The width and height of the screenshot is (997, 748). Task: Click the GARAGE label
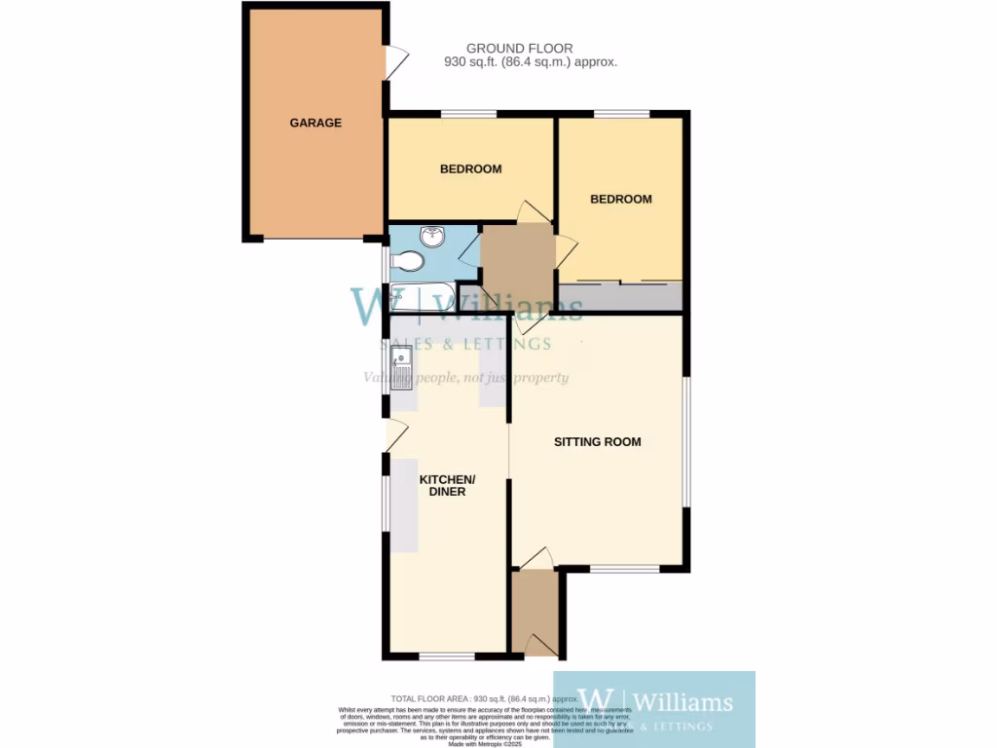[x=315, y=123]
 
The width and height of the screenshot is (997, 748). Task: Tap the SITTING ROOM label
[x=597, y=441]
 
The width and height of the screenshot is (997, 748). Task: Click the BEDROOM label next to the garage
[x=470, y=168]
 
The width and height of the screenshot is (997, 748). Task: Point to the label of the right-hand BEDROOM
[x=620, y=199]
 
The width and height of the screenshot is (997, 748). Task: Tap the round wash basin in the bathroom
[x=430, y=237]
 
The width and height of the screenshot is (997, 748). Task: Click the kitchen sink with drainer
[x=402, y=370]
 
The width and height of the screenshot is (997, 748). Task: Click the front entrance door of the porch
[x=536, y=644]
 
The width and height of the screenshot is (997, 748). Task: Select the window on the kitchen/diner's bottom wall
[x=447, y=655]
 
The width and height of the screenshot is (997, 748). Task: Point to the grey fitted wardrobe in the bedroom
[x=619, y=296]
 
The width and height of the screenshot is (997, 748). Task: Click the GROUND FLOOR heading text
[x=519, y=48]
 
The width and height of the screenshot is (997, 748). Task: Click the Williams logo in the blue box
[x=654, y=702]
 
